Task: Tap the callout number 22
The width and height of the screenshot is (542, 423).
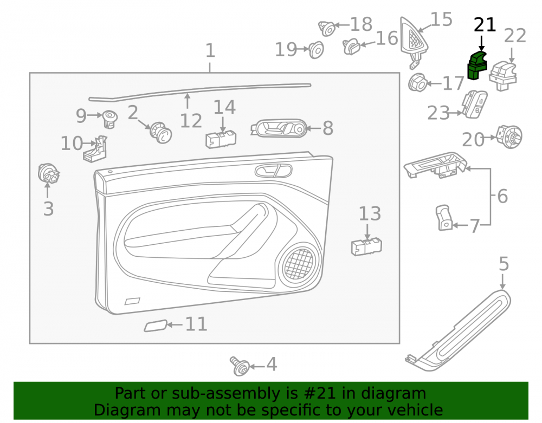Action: [x=515, y=36]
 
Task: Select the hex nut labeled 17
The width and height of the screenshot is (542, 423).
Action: [x=417, y=82]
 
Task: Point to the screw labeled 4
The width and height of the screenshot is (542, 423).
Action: [x=240, y=366]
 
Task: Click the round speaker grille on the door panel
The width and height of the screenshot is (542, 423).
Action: [x=299, y=264]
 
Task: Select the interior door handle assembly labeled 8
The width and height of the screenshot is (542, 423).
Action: [x=279, y=128]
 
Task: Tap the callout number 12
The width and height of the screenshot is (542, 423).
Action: [x=191, y=121]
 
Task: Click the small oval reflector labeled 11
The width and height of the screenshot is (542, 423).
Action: [x=156, y=326]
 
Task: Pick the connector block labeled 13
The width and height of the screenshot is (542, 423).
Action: [x=366, y=246]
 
